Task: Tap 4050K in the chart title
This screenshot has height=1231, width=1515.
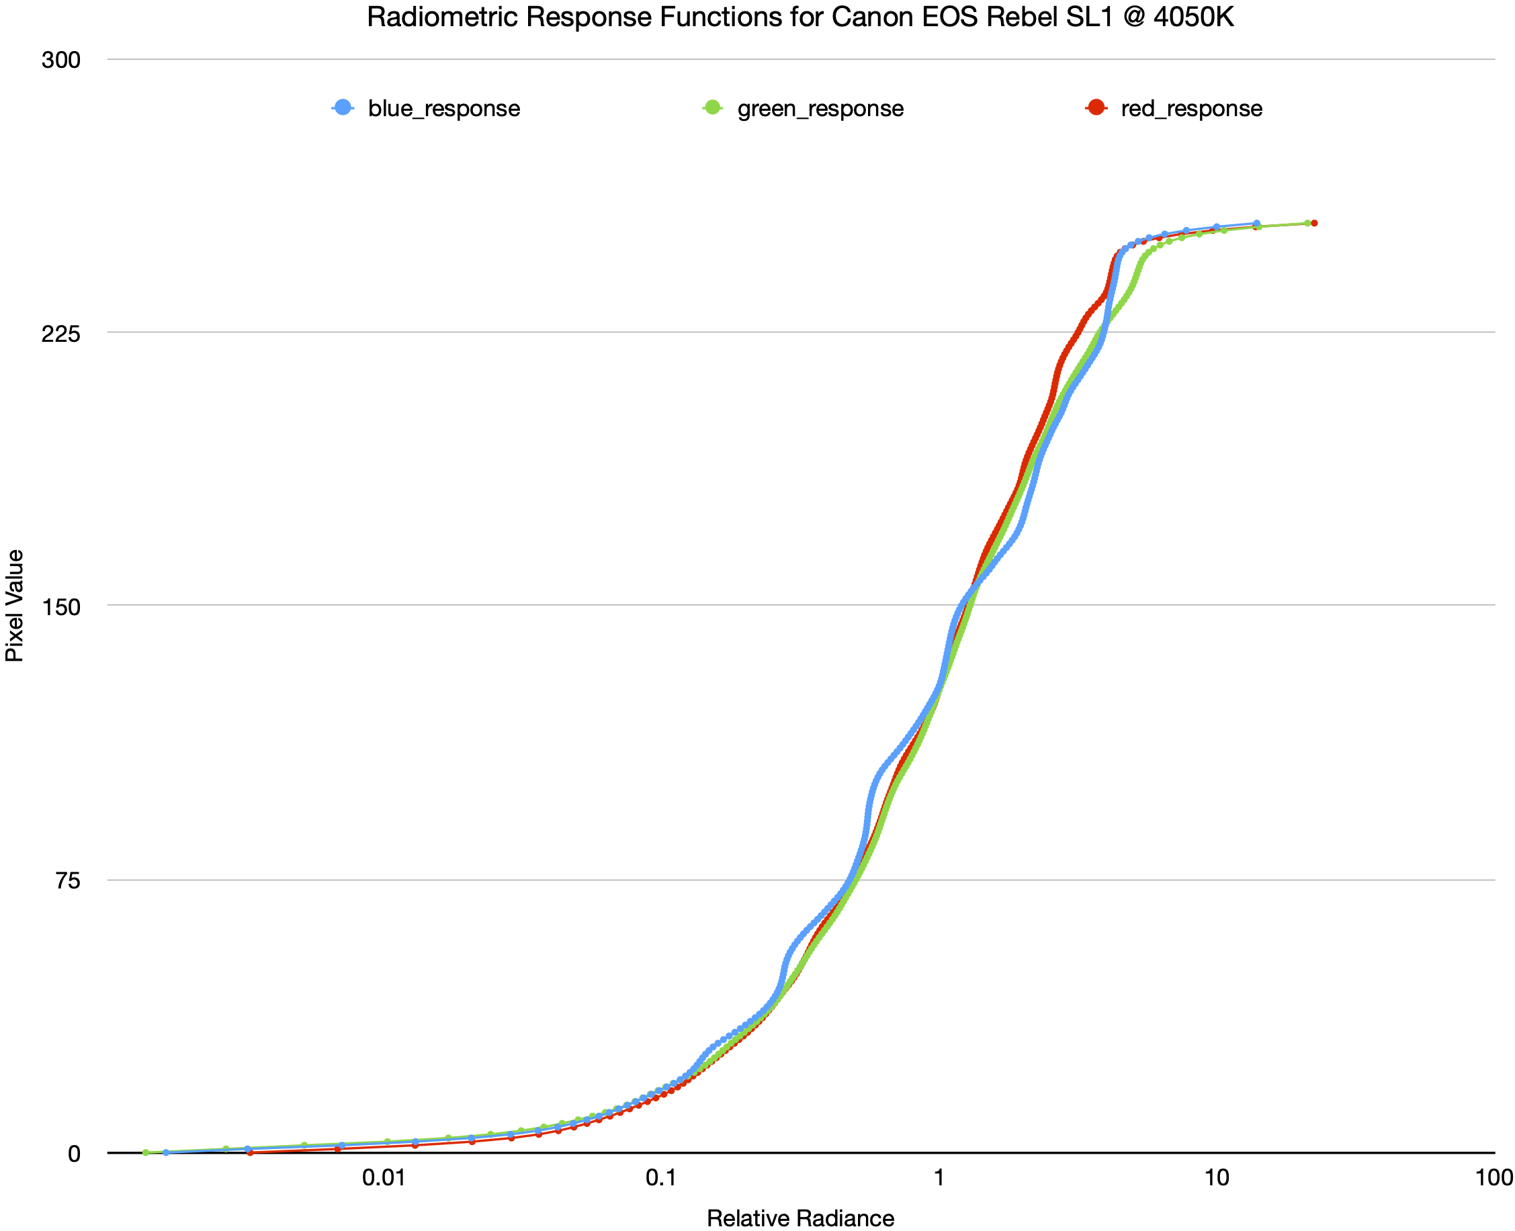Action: tap(1194, 17)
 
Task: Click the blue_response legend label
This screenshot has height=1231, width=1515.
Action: tap(444, 109)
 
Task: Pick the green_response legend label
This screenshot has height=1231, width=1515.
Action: tap(820, 109)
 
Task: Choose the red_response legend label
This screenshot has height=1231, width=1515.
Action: tap(1192, 109)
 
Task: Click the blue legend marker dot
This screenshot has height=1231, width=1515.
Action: tap(343, 107)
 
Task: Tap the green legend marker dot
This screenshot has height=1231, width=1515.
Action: tap(713, 107)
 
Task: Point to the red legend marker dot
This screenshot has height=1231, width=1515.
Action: tap(1096, 107)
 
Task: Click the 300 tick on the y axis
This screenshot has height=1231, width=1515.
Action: tap(61, 60)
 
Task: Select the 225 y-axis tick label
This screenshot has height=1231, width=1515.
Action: tap(61, 333)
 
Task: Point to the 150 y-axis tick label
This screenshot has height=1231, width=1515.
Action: tap(61, 607)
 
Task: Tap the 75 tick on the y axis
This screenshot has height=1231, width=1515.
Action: tap(67, 880)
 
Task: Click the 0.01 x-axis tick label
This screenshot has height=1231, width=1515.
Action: tap(384, 1178)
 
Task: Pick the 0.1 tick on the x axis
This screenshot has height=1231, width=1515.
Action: tap(661, 1178)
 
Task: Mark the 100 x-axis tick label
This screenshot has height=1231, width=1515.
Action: tap(1494, 1178)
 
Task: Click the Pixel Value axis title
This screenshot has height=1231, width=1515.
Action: tap(15, 606)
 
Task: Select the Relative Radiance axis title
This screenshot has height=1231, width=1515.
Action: tap(800, 1218)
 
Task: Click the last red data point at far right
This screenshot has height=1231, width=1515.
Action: tap(1314, 224)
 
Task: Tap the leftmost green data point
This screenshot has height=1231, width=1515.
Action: tap(146, 1152)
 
